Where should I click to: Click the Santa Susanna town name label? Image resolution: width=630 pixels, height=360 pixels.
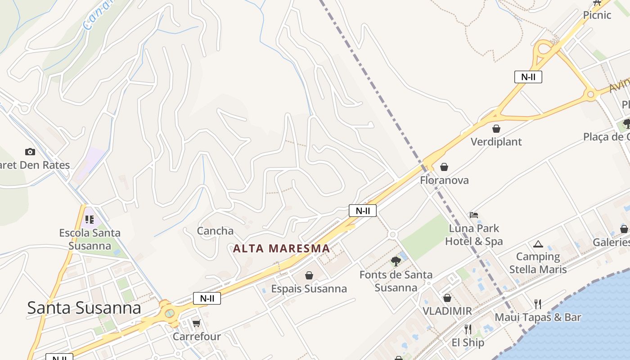[84, 308]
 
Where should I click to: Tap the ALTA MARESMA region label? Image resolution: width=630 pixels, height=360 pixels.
[281, 248]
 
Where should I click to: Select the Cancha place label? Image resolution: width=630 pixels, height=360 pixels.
[215, 231]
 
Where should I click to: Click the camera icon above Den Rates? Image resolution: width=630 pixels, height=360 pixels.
[30, 152]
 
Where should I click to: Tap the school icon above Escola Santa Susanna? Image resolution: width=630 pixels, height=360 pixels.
[90, 220]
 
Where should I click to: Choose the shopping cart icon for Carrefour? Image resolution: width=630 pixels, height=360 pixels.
[196, 323]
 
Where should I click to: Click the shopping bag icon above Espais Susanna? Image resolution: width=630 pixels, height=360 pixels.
[309, 275]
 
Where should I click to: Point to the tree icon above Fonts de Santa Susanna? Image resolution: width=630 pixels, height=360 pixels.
[396, 261]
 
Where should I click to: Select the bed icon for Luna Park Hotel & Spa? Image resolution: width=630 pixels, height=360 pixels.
[474, 215]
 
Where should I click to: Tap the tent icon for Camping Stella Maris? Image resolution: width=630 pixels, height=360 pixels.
[538, 244]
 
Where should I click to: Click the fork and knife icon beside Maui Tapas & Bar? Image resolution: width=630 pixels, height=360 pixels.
[538, 304]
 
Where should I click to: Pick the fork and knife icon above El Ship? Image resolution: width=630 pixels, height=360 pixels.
[468, 329]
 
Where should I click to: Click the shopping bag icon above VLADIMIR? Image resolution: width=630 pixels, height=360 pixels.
[447, 298]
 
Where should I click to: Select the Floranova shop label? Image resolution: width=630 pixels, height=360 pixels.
[444, 180]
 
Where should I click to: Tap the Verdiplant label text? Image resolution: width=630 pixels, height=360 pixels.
[496, 142]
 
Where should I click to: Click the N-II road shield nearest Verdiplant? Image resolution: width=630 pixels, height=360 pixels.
[528, 77]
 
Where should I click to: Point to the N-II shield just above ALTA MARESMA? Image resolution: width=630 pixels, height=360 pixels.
[362, 211]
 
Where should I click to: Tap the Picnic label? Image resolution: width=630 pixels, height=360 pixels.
[597, 15]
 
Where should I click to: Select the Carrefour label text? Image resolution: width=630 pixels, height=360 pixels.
[197, 337]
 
